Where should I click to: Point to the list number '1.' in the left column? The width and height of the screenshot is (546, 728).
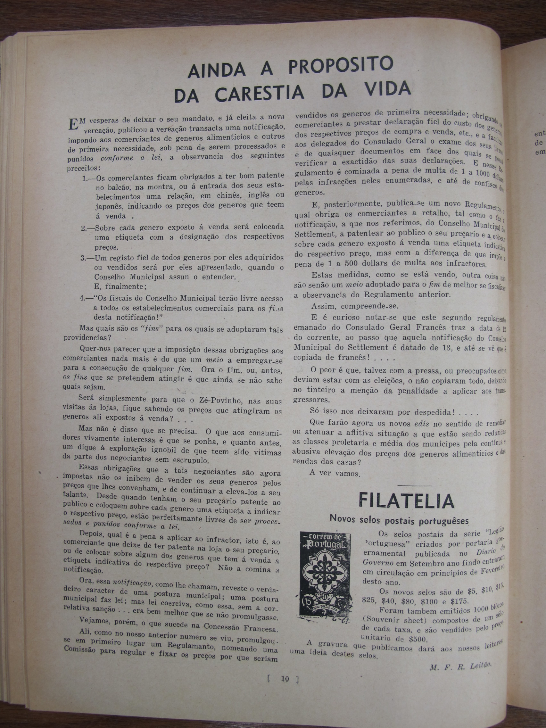pos(85,178)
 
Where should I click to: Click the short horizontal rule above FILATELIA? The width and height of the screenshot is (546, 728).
pos(414,486)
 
